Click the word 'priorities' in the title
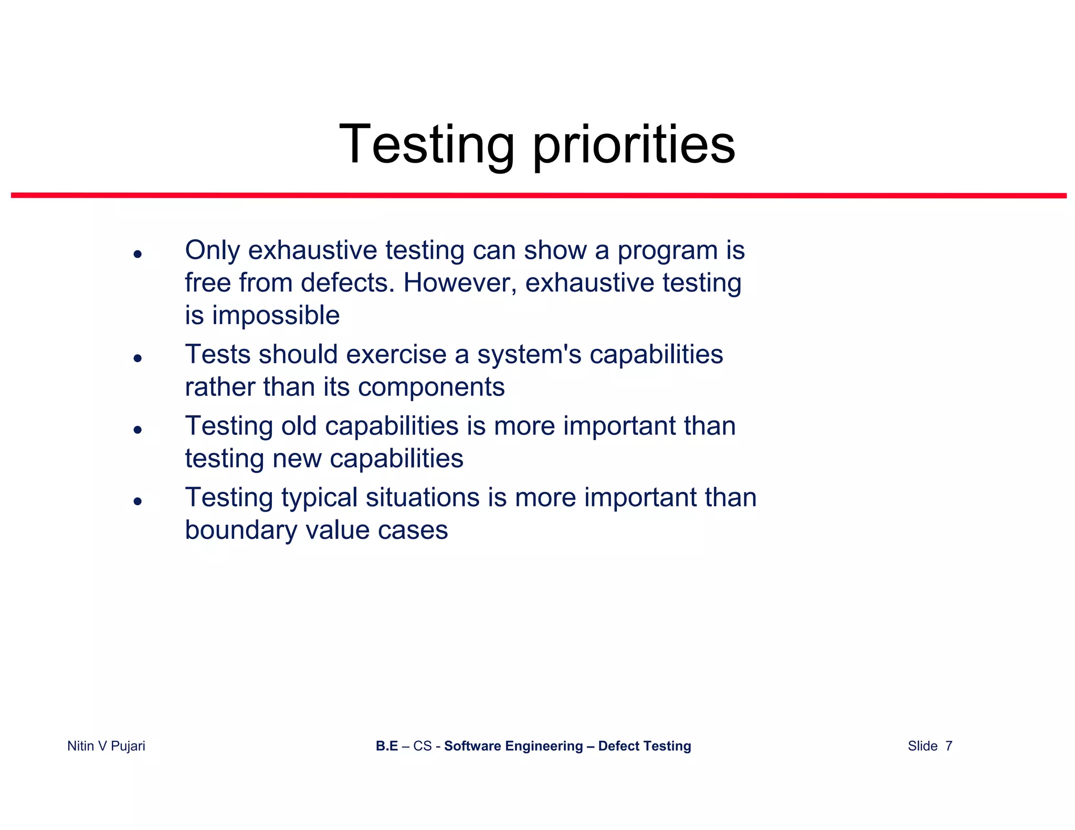[634, 145]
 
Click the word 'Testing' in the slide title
[427, 145]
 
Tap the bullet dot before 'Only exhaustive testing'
[138, 254]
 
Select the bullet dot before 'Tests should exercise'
[138, 358]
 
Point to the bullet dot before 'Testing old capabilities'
[138, 430]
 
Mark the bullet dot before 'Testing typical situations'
[138, 502]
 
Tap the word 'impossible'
[276, 316]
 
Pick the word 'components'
[431, 388]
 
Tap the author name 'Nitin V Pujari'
[106, 746]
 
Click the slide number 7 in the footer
[948, 746]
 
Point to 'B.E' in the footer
[387, 746]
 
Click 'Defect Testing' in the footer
[644, 746]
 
